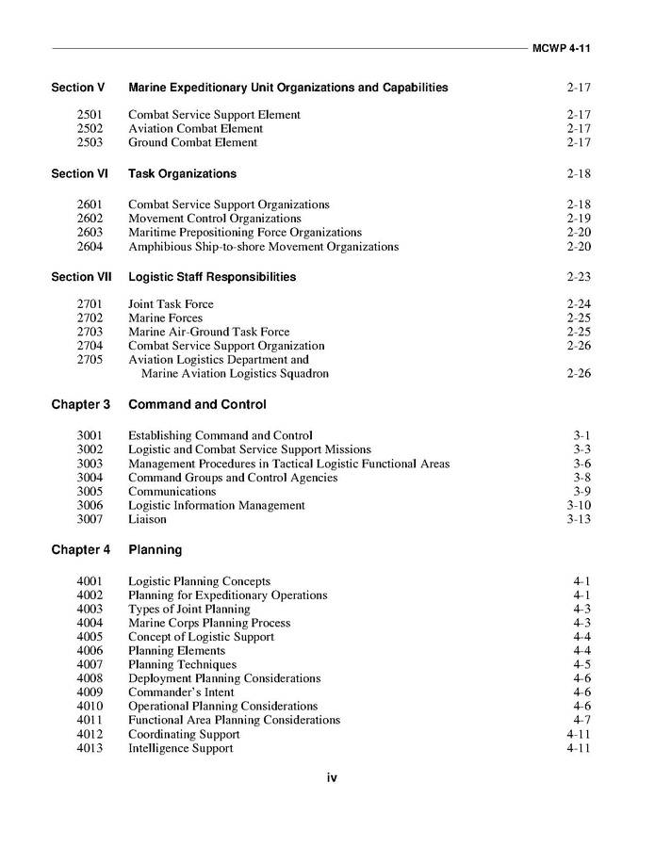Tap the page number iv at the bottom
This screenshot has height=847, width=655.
tap(332, 777)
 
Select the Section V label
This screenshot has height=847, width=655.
tap(78, 88)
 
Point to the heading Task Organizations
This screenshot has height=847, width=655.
tap(182, 173)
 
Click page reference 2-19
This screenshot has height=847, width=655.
tap(579, 219)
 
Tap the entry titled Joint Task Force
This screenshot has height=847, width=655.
tap(171, 304)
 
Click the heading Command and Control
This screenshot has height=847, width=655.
tap(197, 404)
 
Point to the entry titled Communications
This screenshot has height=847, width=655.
tap(172, 491)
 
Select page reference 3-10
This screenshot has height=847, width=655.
tap(579, 505)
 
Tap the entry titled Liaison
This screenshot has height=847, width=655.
tap(147, 519)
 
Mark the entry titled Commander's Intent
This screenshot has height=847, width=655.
tap(181, 692)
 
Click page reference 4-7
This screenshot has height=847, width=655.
tap(581, 720)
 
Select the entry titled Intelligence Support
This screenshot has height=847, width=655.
tap(180, 748)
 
